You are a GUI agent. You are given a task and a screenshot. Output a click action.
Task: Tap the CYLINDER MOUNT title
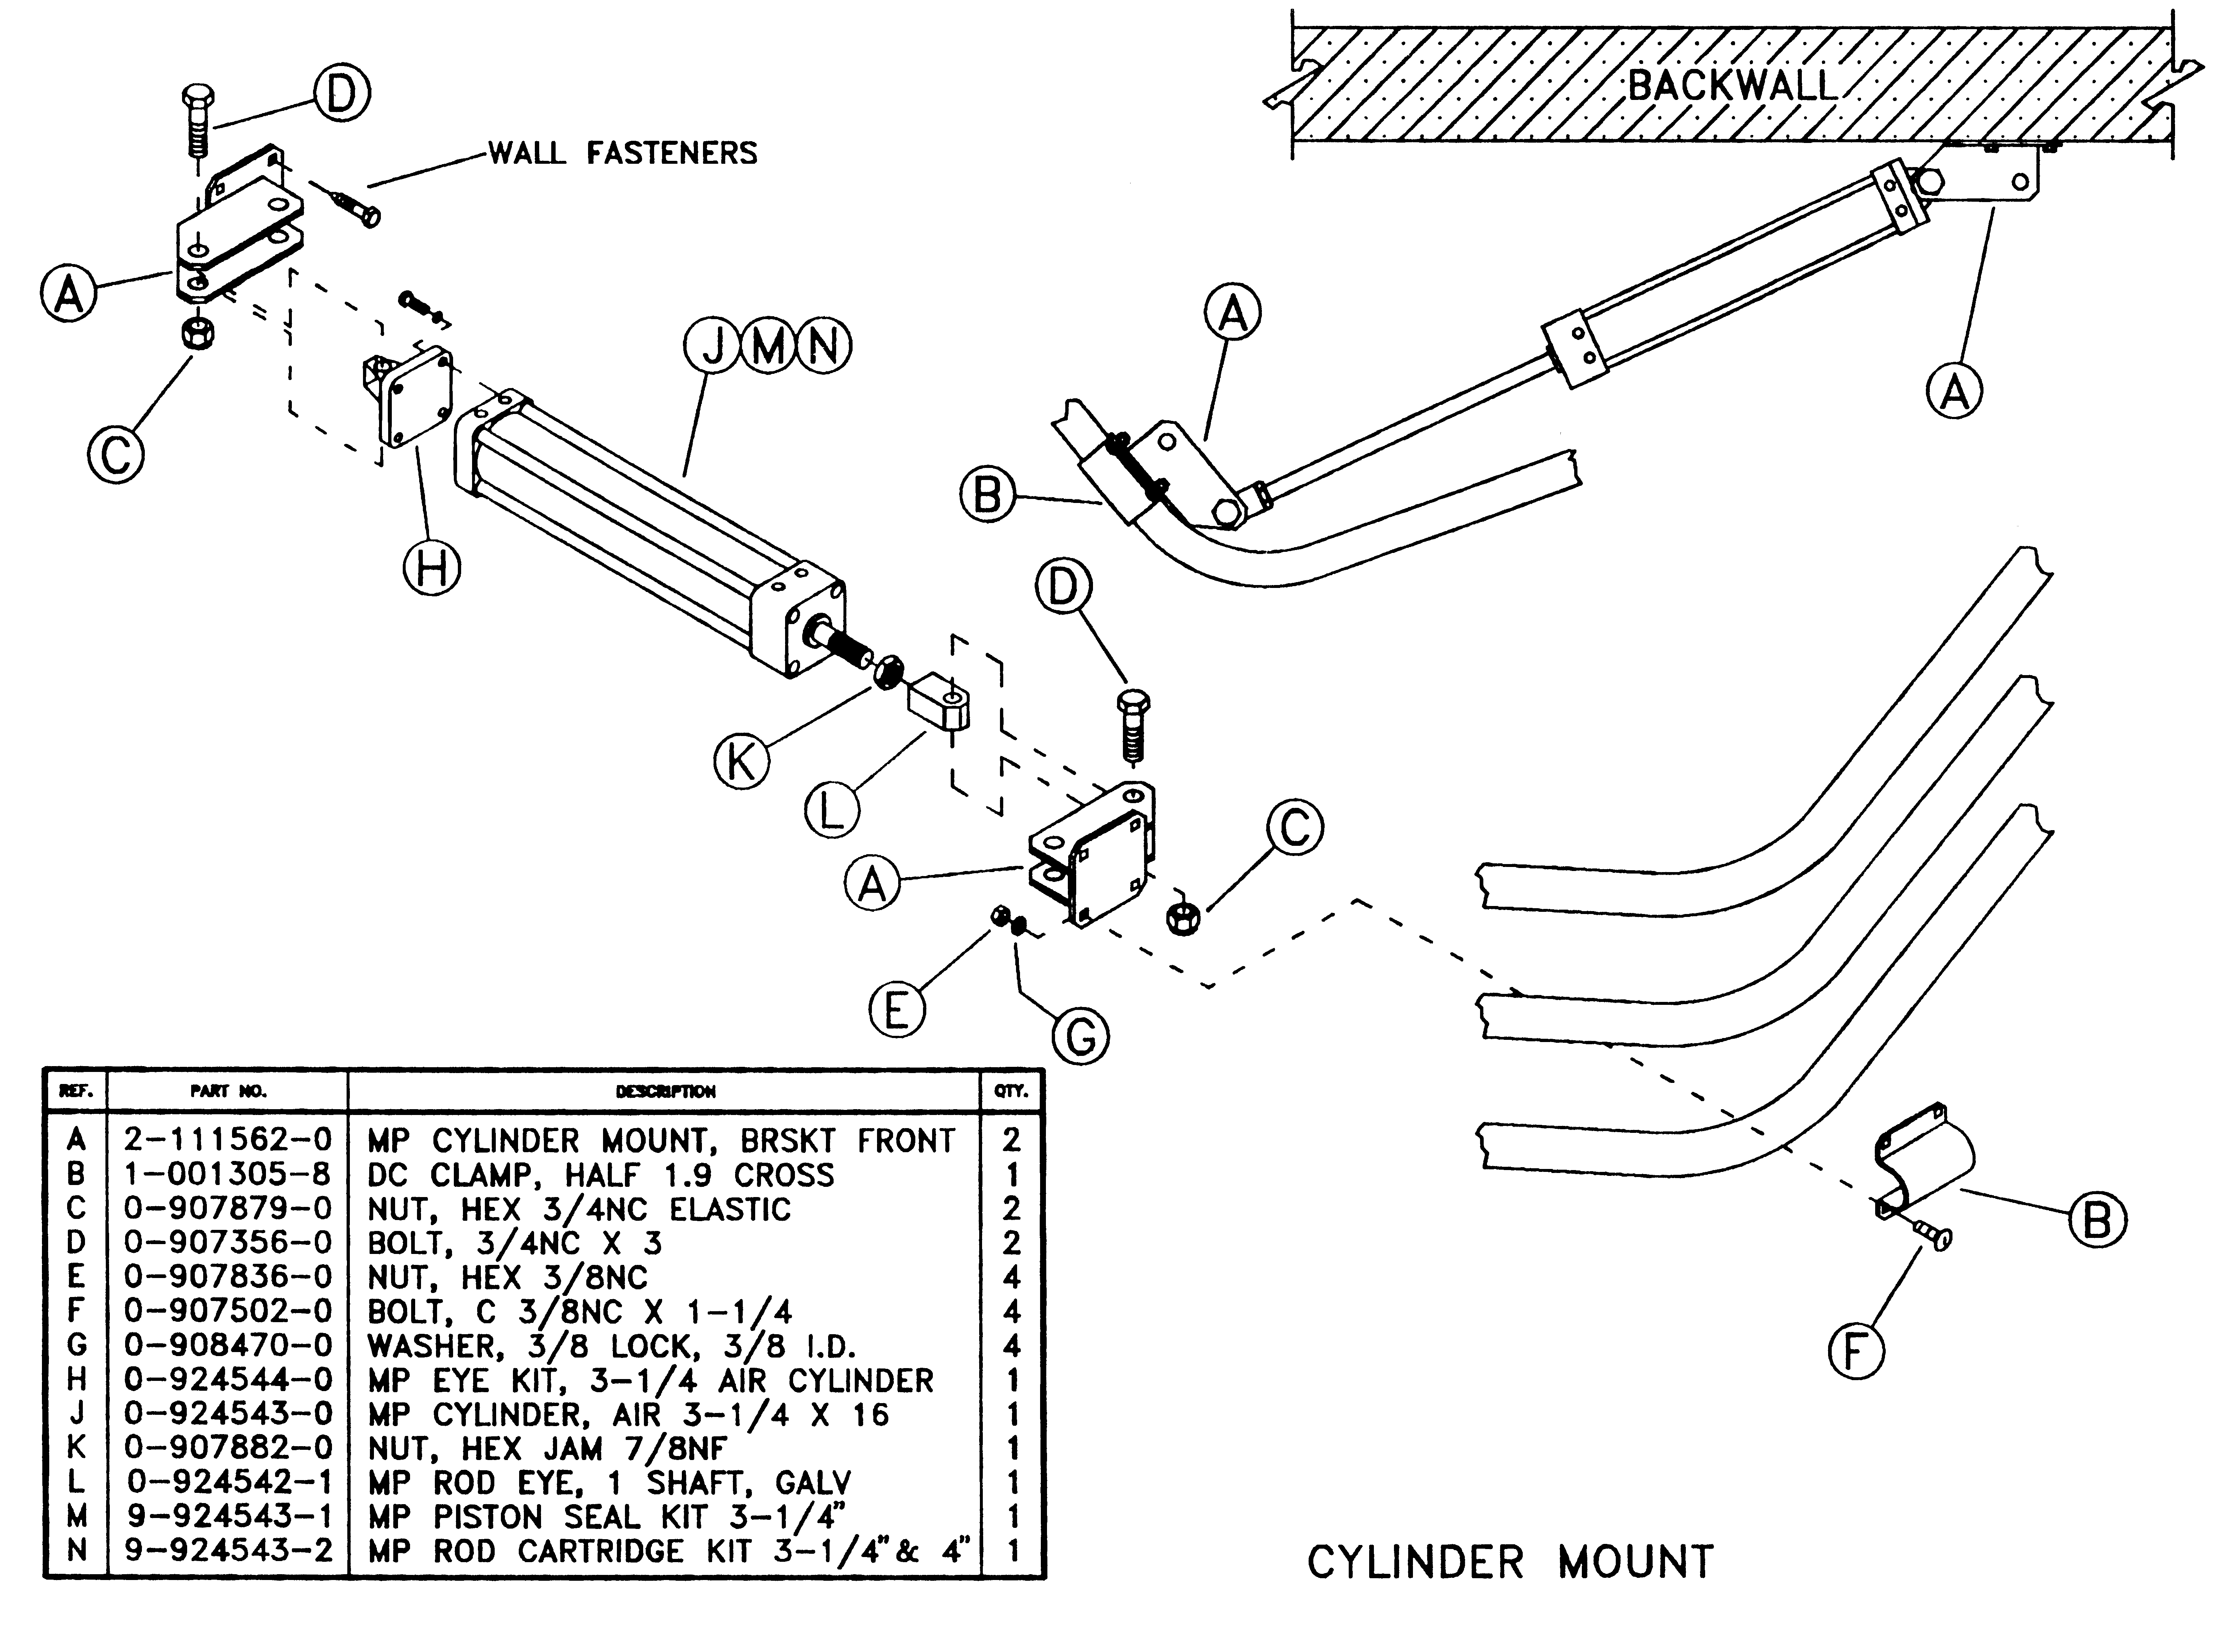point(1510,1563)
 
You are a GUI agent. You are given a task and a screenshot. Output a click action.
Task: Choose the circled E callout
point(896,1011)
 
